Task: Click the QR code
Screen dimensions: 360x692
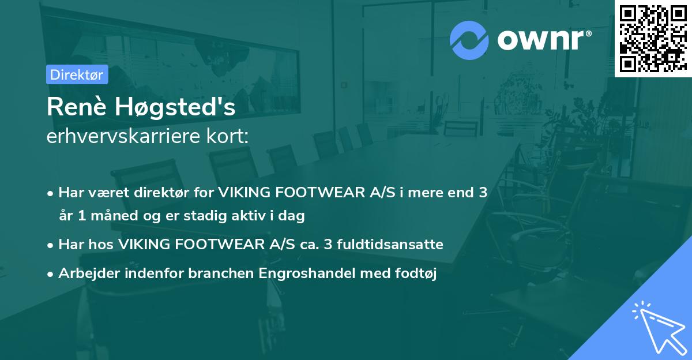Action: (x=653, y=38)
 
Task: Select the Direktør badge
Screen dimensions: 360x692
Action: (x=77, y=74)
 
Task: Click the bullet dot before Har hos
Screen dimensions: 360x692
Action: (x=51, y=245)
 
